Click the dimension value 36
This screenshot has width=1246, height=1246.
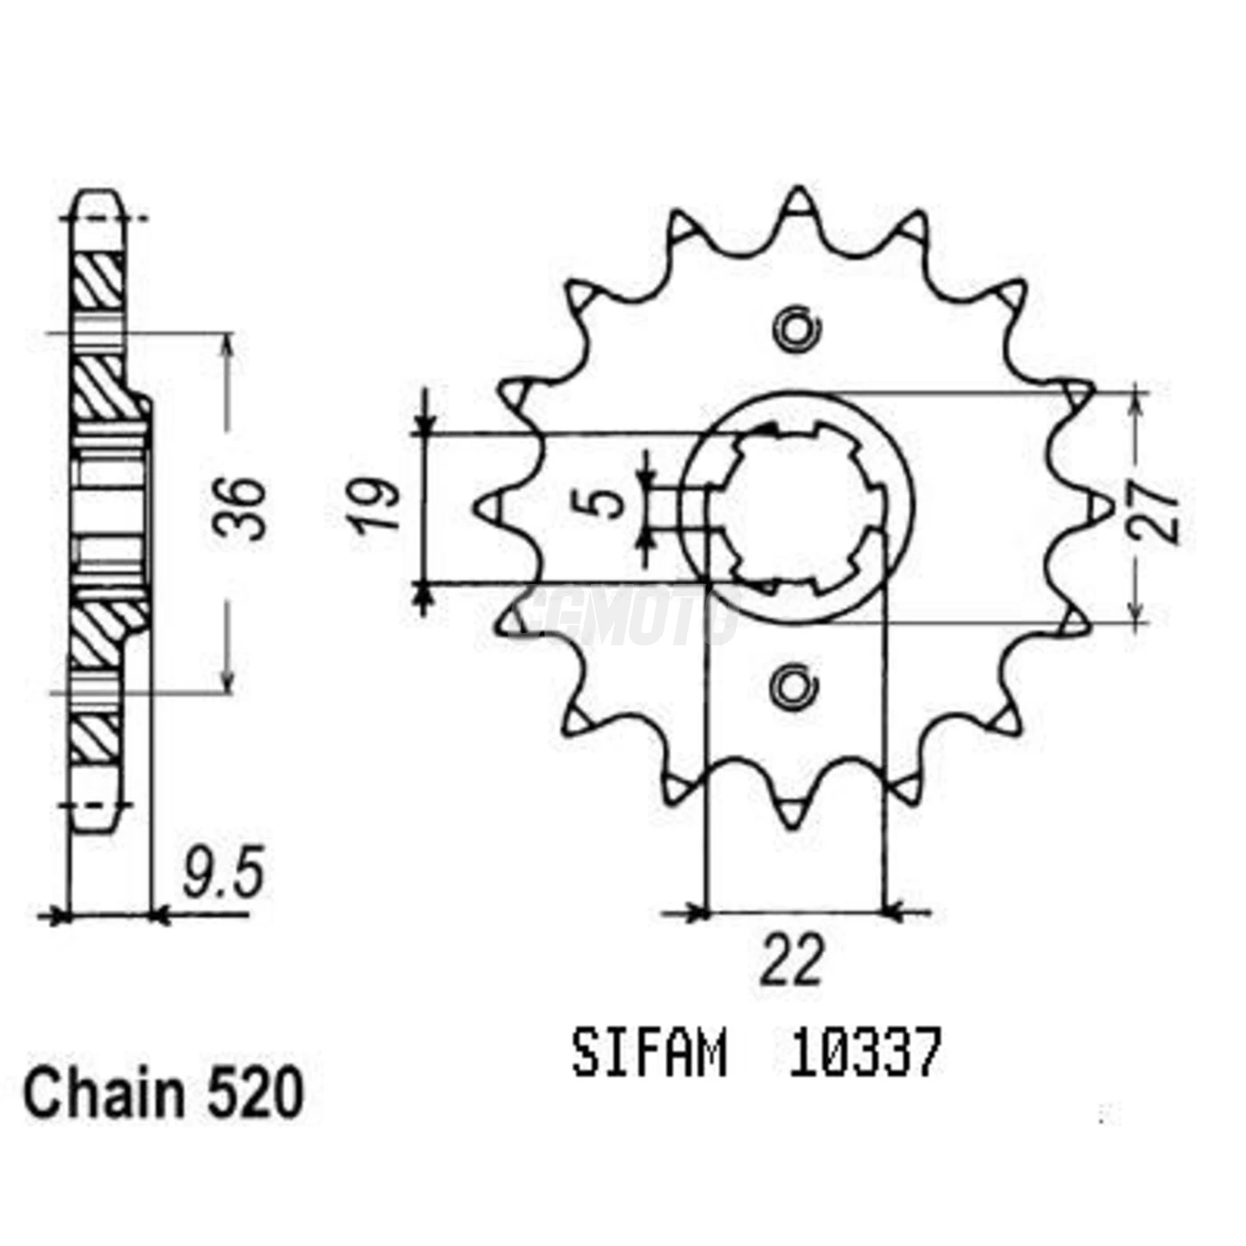[x=239, y=509]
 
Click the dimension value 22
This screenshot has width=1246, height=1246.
[x=791, y=961]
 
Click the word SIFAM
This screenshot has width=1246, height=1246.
[x=649, y=1055]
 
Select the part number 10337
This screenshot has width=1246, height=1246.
[x=863, y=1055]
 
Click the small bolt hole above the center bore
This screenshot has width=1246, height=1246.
[x=795, y=329]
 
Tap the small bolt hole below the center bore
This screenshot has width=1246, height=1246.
[x=793, y=686]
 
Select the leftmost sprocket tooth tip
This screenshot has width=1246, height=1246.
[x=488, y=508]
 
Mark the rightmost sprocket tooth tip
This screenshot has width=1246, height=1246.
[x=1102, y=508]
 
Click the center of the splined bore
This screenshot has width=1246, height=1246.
[x=797, y=508]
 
